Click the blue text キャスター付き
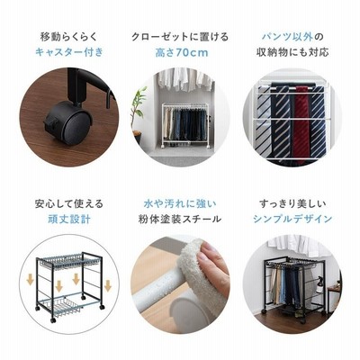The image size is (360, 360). [69, 52]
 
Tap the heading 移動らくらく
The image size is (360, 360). [69, 37]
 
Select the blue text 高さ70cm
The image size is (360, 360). [182, 53]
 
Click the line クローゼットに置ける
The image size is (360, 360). [180, 37]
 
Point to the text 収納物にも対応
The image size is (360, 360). [292, 52]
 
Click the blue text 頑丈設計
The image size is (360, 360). [69, 219]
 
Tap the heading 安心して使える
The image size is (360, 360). [69, 204]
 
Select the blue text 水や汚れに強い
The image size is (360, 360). [180, 204]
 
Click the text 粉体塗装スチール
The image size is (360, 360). [180, 219]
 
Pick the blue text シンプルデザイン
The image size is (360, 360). [292, 219]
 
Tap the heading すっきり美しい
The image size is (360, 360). [292, 204]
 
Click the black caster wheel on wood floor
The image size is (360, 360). [69, 123]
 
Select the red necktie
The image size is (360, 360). [302, 124]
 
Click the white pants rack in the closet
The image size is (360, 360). [185, 125]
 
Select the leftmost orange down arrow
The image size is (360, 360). [30, 280]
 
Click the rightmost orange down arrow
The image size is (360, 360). [108, 286]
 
